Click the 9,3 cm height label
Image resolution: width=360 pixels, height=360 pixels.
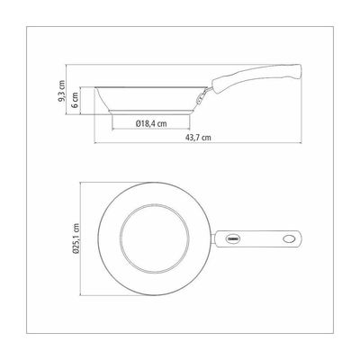[61, 91]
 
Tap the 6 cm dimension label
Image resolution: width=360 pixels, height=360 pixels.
[75, 100]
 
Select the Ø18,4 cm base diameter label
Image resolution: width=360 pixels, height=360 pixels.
[151, 123]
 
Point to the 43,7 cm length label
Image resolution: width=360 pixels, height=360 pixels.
[198, 138]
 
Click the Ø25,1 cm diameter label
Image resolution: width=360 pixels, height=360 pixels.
[76, 238]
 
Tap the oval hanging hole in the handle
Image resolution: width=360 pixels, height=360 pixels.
[289, 239]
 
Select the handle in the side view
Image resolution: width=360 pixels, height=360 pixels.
[256, 78]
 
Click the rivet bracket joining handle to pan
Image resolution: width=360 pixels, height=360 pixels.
[202, 96]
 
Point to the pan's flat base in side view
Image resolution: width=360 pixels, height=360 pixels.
[151, 112]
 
